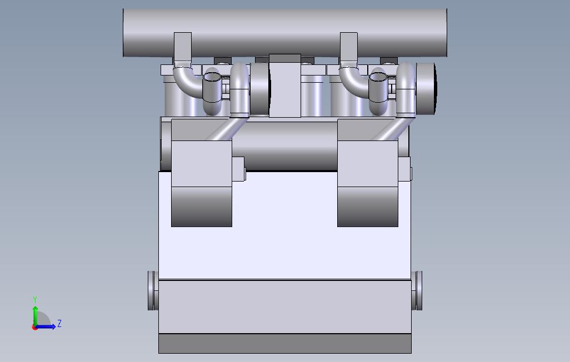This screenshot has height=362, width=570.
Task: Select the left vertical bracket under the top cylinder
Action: click(x=182, y=47)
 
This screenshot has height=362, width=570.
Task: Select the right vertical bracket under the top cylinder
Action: click(x=348, y=47)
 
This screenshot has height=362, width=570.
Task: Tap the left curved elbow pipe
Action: click(x=186, y=83)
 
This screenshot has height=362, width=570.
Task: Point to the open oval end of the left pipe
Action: click(x=212, y=78)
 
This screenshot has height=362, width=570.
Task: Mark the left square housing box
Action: click(x=201, y=163)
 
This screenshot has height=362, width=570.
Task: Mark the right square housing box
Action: click(x=367, y=163)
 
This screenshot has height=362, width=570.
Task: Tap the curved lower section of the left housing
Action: click(x=201, y=207)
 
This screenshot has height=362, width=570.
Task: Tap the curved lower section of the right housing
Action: click(x=367, y=207)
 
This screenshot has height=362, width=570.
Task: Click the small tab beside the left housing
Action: click(x=238, y=169)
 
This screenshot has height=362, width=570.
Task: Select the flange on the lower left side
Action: click(x=152, y=290)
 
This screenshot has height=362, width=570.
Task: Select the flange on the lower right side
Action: click(x=417, y=290)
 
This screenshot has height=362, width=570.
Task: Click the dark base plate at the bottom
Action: click(x=284, y=344)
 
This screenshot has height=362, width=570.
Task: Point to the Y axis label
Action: click(x=35, y=300)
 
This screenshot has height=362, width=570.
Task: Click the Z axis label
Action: click(x=59, y=324)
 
